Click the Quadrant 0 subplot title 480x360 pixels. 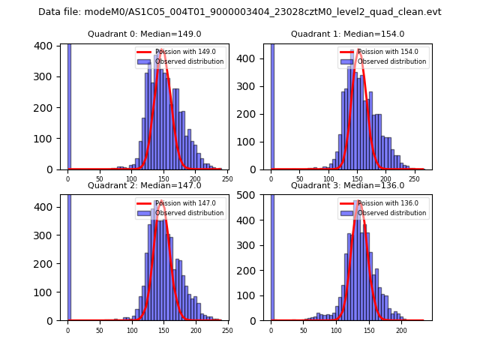(x=144, y=34)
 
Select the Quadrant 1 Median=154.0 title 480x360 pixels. (x=347, y=34)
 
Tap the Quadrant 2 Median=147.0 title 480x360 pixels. (x=144, y=185)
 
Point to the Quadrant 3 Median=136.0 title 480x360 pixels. (x=347, y=185)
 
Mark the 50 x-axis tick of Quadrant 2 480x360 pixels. (x=100, y=330)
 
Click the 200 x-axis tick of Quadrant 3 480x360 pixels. (x=401, y=330)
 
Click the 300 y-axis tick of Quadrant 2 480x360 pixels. (x=47, y=234)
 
